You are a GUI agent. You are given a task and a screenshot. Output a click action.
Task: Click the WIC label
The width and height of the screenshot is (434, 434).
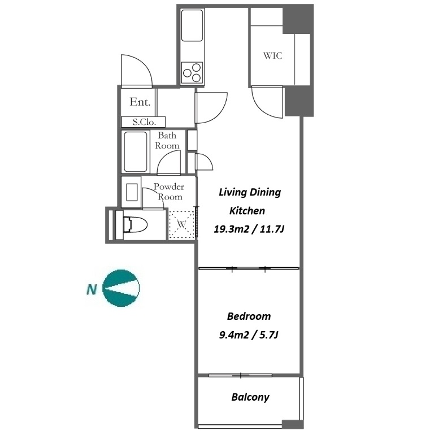point(272,55)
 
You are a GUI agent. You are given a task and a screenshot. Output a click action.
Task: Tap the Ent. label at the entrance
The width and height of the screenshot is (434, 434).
point(140,102)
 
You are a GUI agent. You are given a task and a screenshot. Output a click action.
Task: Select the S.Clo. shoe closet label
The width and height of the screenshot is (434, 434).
point(144,122)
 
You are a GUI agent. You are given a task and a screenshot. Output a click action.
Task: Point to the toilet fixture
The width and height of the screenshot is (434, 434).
point(135,224)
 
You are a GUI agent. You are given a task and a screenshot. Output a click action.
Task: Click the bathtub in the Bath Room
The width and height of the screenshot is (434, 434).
point(136,151)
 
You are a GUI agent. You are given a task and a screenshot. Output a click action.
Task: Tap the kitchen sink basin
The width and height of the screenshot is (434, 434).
point(192,25)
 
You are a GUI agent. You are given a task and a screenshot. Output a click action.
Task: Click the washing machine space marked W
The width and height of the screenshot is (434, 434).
point(181,224)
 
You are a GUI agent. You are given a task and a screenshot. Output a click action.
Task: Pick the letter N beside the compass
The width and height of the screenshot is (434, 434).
point(92,289)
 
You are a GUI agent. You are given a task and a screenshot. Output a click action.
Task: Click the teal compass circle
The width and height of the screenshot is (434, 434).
point(121,288)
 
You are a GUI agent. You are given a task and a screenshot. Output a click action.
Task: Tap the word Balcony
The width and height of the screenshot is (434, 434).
point(250,397)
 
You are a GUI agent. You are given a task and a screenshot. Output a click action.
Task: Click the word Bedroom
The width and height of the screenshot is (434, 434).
point(249,316)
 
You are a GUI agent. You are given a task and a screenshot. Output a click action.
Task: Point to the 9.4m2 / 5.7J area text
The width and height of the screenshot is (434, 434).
point(249,335)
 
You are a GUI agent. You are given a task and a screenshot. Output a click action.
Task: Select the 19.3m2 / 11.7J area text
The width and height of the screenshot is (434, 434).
point(249,229)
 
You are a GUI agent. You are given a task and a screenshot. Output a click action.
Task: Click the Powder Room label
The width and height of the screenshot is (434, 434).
point(169,192)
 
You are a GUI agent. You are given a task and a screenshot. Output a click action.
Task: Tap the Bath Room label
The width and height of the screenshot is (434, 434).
point(167,140)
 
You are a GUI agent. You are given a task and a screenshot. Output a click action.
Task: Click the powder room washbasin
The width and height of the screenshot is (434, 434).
point(132,192)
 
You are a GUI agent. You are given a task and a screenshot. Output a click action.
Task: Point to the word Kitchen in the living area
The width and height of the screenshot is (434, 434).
point(247,211)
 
